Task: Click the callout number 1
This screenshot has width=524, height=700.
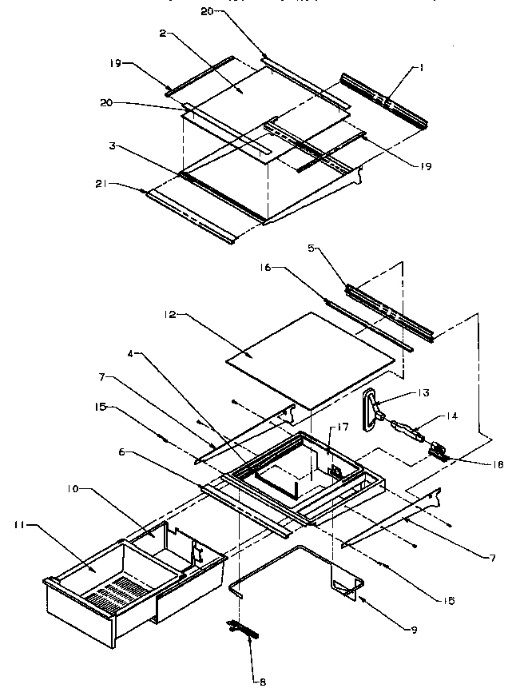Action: [422, 68]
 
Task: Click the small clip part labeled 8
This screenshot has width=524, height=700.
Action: [246, 630]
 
